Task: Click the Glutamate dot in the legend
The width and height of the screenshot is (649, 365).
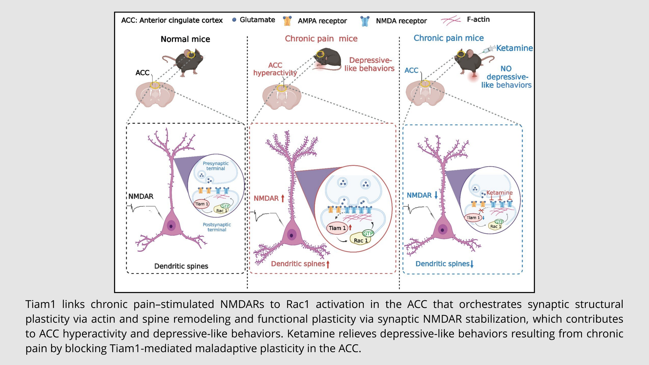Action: click(234, 20)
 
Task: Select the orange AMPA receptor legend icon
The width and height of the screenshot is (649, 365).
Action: click(287, 21)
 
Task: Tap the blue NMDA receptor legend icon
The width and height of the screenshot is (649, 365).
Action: click(365, 21)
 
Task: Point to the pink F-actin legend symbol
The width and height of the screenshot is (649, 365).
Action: click(451, 20)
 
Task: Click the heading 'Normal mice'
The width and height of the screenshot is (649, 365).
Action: click(185, 39)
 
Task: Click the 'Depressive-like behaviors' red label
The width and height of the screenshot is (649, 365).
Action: click(369, 64)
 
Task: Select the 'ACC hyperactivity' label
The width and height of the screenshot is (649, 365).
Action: click(275, 69)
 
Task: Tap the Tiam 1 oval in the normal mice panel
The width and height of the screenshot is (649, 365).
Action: click(202, 204)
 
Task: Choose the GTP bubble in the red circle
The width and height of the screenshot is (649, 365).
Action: click(368, 233)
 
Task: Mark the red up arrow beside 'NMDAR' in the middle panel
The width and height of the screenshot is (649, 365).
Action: click(283, 198)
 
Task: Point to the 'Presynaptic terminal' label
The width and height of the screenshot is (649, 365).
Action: click(215, 166)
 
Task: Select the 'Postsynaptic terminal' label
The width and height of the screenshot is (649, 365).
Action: click(217, 227)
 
